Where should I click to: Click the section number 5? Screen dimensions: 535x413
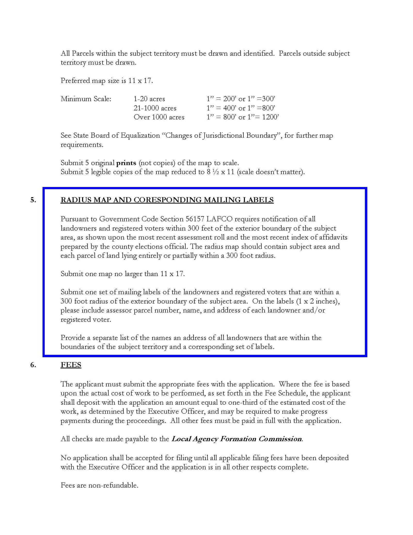pyautogui.click(x=33, y=200)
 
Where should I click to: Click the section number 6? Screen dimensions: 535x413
pyautogui.click(x=33, y=365)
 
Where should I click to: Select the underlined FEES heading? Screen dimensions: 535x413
pyautogui.click(x=71, y=365)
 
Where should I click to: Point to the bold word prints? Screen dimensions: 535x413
pyautogui.click(x=126, y=163)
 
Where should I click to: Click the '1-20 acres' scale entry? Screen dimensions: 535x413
pyautogui.click(x=149, y=99)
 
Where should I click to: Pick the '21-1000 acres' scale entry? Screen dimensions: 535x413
pyautogui.click(x=155, y=108)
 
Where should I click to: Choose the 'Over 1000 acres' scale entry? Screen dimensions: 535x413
pyautogui.click(x=159, y=117)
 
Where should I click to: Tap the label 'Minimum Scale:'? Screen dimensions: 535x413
pyautogui.click(x=86, y=99)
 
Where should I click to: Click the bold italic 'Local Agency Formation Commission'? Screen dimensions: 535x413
pyautogui.click(x=237, y=439)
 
